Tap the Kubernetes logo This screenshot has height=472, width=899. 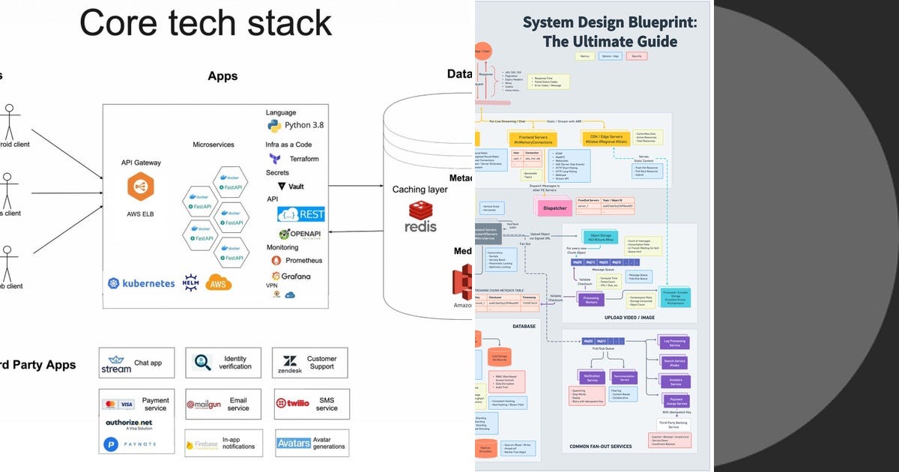pyautogui.click(x=141, y=283)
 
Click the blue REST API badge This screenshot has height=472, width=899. pyautogui.click(x=300, y=214)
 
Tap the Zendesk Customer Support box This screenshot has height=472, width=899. pyautogui.click(x=309, y=363)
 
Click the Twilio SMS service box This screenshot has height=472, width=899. pyautogui.click(x=309, y=403)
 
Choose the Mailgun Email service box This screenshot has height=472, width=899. pyautogui.click(x=223, y=403)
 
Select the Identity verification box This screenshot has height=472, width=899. pyautogui.click(x=223, y=363)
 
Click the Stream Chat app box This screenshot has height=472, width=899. pyautogui.click(x=137, y=363)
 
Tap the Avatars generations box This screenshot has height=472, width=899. pyautogui.click(x=309, y=444)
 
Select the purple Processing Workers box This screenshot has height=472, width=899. pyautogui.click(x=592, y=299)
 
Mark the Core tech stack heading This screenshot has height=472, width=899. pyautogui.click(x=205, y=22)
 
